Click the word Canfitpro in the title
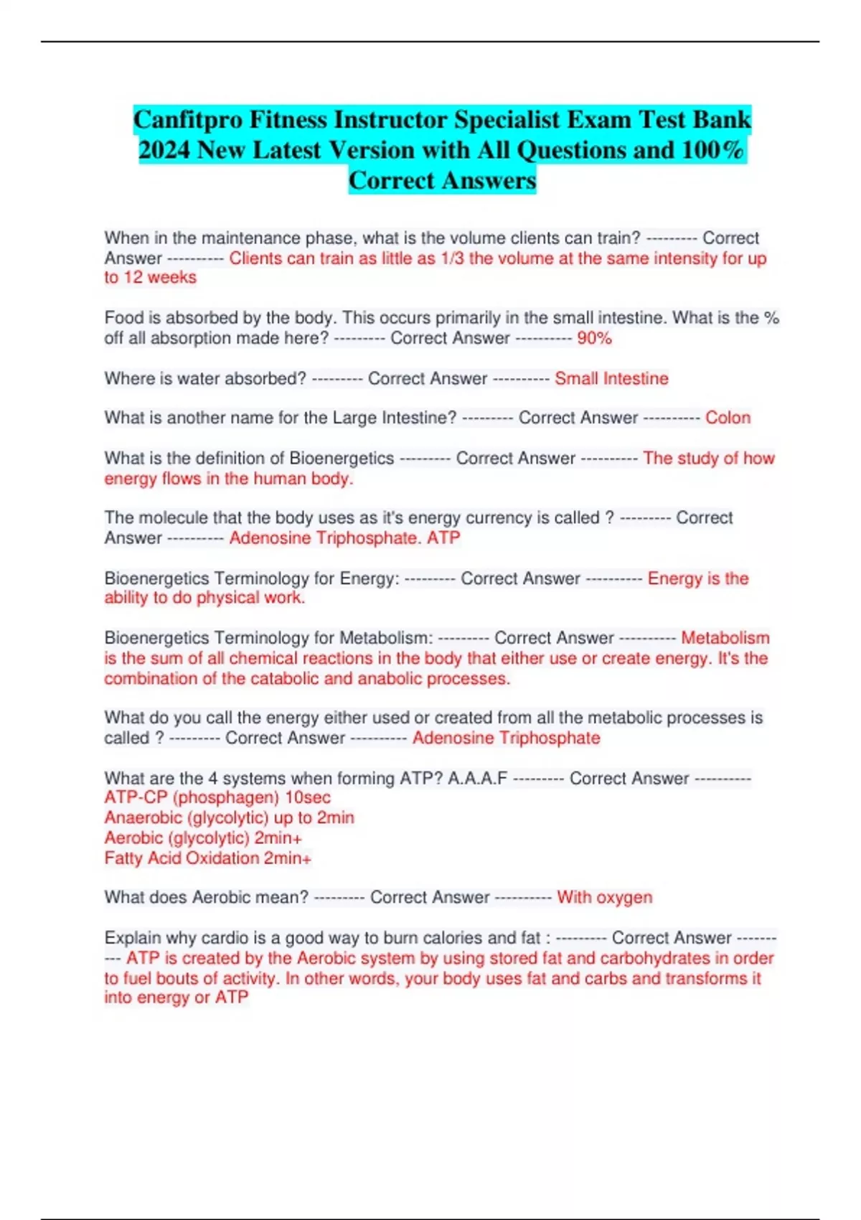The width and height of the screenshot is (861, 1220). point(188,119)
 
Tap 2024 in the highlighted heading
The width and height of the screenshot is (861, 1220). point(164,150)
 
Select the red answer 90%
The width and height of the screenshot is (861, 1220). point(594,338)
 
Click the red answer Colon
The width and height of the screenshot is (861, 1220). point(728,418)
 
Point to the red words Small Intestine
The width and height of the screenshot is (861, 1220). point(611,378)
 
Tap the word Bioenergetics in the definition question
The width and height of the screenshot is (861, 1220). point(342,458)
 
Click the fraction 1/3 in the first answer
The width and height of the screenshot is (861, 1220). point(452,258)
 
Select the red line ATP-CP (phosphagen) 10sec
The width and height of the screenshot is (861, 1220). point(217,797)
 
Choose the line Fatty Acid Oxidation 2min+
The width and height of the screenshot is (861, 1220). point(208,858)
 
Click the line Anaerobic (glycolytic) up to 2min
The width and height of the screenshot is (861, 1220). point(229,817)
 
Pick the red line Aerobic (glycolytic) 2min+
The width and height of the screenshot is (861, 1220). point(203,837)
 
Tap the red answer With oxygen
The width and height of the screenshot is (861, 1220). point(604,897)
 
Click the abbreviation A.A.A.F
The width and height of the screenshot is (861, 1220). point(477,778)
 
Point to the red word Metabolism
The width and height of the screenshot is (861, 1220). point(725,637)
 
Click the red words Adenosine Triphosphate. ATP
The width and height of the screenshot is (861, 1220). point(344,538)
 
